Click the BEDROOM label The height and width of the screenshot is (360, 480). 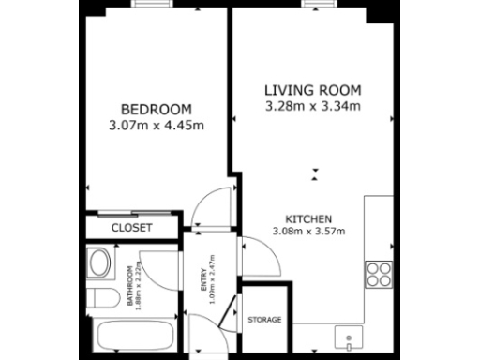point(157,107)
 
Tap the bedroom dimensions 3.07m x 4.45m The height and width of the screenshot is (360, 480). point(157,123)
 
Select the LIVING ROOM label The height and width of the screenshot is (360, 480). point(312,90)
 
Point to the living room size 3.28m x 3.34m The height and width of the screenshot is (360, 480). point(312,106)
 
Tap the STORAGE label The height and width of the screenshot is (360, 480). point(264,320)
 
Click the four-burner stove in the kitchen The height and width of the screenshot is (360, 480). point(379,274)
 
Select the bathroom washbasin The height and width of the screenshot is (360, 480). point(97,262)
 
